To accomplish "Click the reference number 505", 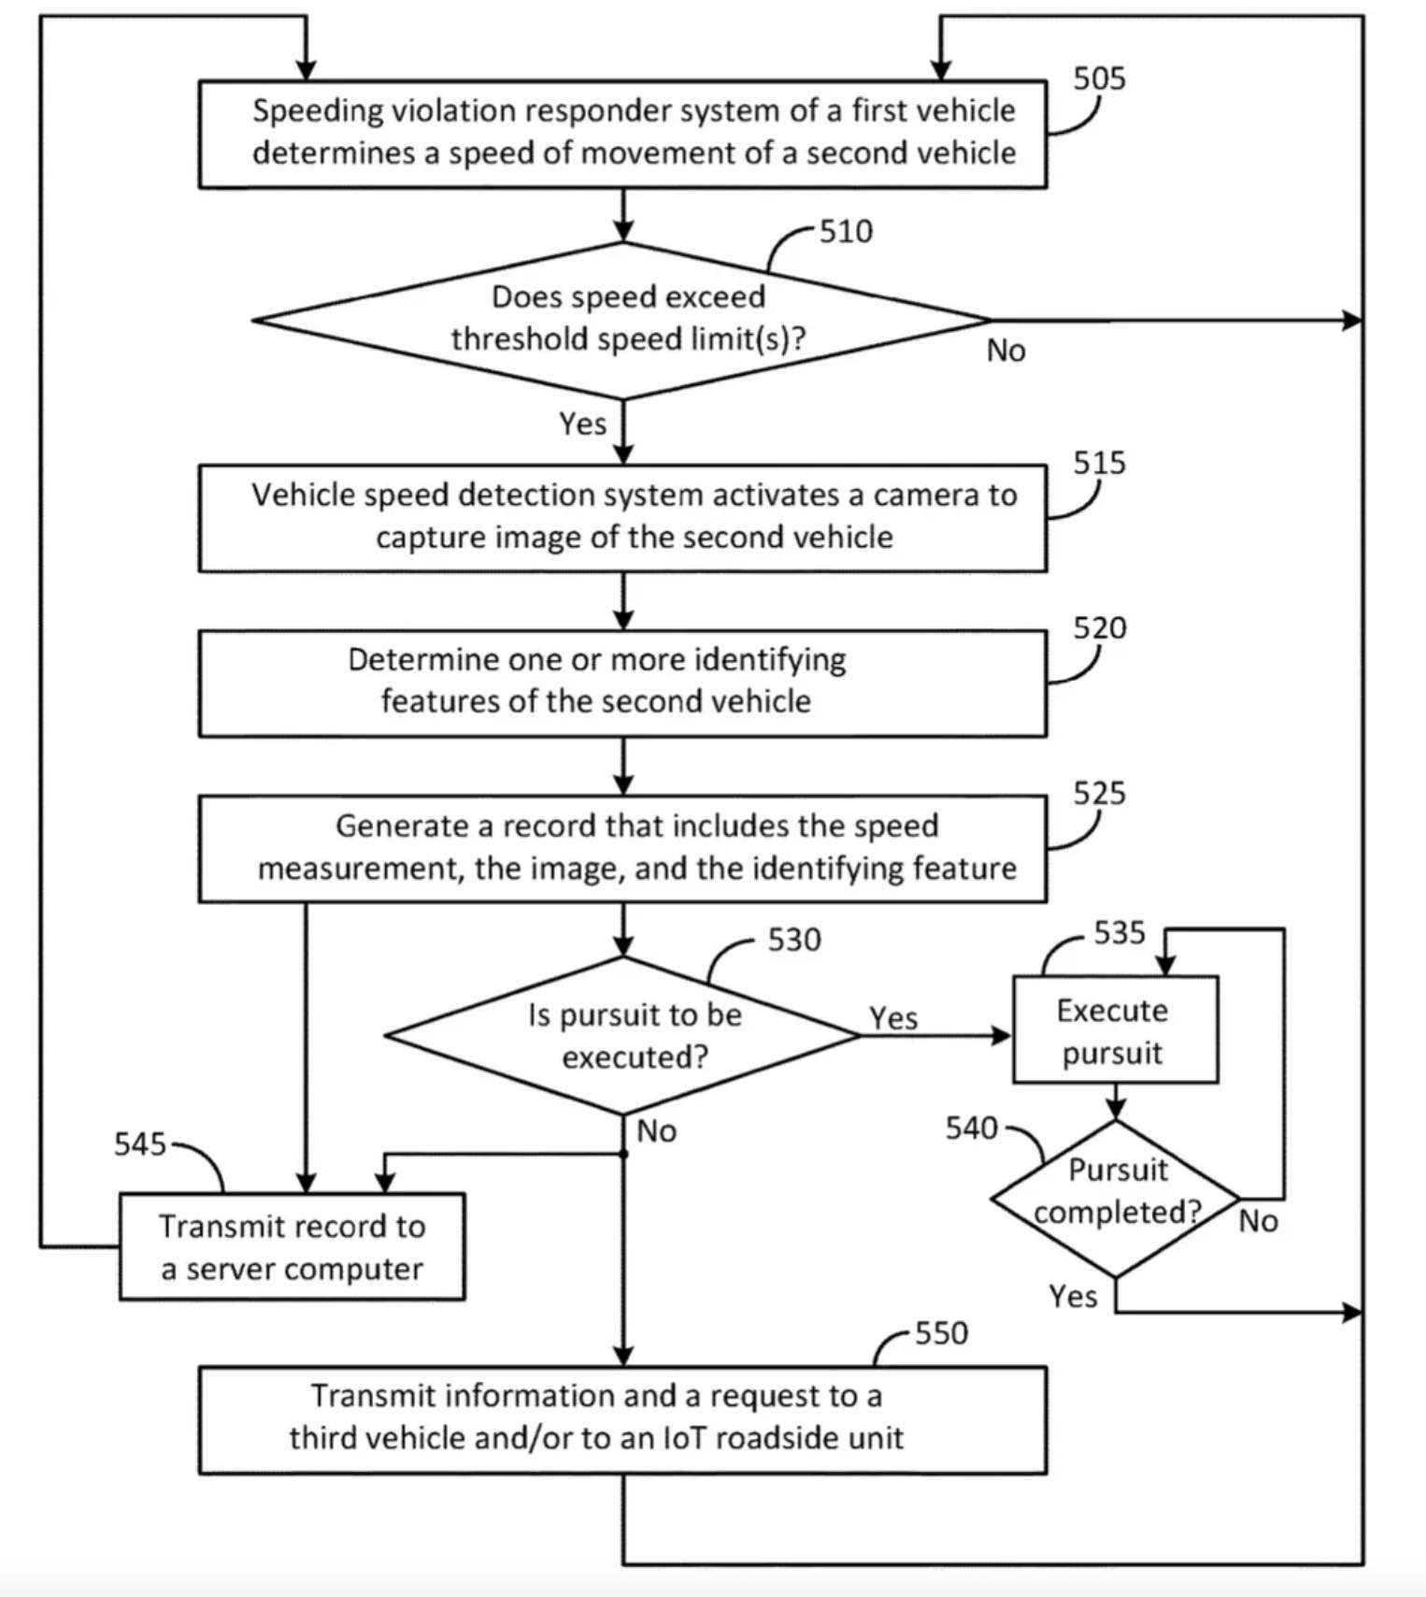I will click(x=1098, y=79).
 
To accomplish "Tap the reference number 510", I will click(x=846, y=231).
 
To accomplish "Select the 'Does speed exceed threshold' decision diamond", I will click(x=623, y=319).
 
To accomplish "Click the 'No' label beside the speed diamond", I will click(x=1005, y=351).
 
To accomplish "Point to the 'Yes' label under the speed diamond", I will click(x=582, y=424).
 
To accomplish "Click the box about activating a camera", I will click(x=622, y=517).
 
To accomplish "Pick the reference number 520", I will click(x=1099, y=627).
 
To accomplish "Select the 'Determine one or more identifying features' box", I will click(x=622, y=683).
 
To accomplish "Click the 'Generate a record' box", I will click(x=622, y=848).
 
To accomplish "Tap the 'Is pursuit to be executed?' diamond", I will click(x=623, y=1035).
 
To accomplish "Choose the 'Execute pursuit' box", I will click(x=1115, y=1030).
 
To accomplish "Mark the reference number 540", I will click(x=971, y=1129).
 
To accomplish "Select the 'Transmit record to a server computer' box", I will click(x=292, y=1246).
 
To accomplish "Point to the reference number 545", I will click(x=139, y=1144).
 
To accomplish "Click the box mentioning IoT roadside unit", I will click(x=622, y=1419).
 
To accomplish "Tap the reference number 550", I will click(x=940, y=1332).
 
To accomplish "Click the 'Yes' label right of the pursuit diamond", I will click(x=893, y=1017).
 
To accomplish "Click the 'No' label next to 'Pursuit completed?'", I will click(x=1258, y=1221).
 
